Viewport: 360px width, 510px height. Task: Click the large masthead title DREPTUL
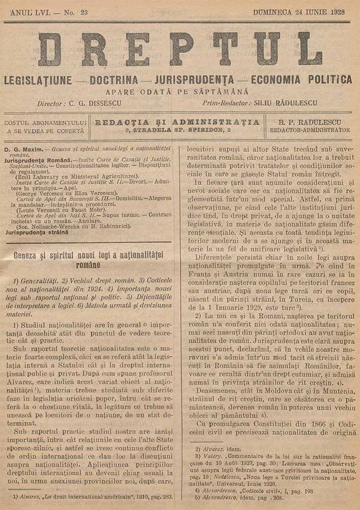pyautogui.click(x=180, y=49)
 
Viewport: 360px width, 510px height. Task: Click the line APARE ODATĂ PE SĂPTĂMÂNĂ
pyautogui.click(x=177, y=92)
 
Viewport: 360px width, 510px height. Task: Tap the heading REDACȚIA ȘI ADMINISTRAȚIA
pyautogui.click(x=177, y=122)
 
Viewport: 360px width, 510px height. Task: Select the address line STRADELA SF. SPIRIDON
pyautogui.click(x=177, y=131)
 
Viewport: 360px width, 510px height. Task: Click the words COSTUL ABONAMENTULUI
pyautogui.click(x=45, y=123)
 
